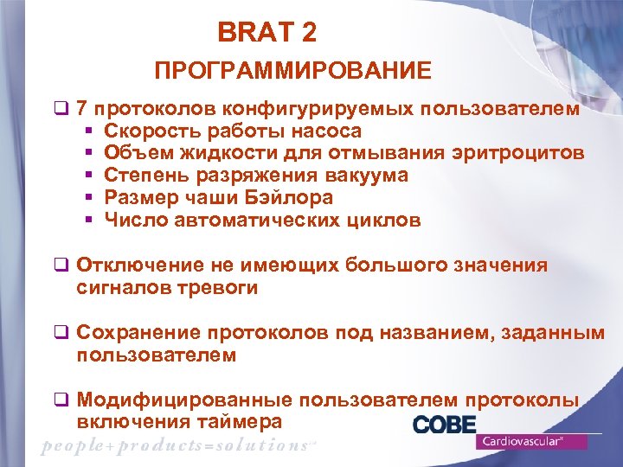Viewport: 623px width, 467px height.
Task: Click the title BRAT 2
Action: click(267, 34)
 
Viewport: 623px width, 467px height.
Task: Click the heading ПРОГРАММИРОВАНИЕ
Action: click(292, 71)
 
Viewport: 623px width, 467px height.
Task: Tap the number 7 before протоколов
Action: click(81, 110)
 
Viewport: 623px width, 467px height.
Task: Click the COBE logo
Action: click(444, 425)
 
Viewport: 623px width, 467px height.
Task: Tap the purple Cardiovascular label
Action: click(531, 441)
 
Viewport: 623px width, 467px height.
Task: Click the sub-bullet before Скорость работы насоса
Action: click(89, 132)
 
